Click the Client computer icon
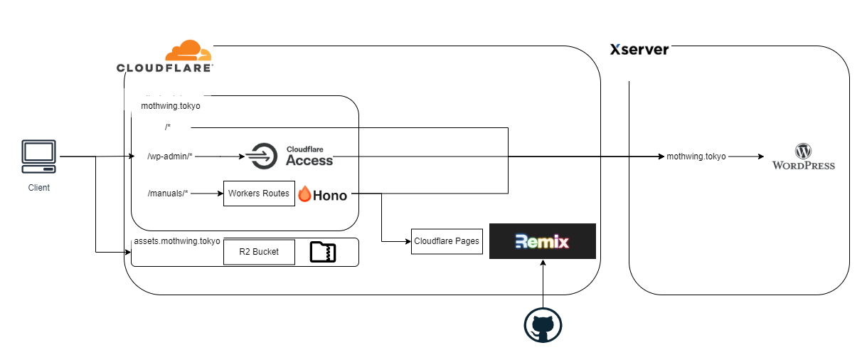(38, 157)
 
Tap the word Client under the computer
(38, 188)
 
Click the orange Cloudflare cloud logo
(188, 51)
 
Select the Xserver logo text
(639, 50)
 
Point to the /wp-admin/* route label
(169, 157)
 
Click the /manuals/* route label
(168, 193)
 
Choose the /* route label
(168, 127)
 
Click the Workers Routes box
(259, 194)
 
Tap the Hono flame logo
(304, 194)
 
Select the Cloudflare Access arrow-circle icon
(262, 156)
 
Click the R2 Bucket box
(259, 252)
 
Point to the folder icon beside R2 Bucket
(323, 252)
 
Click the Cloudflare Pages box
(447, 242)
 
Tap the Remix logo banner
(543, 241)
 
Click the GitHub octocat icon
(543, 325)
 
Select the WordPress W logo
(804, 151)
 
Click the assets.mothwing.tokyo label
(177, 241)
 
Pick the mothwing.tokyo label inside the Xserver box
(696, 157)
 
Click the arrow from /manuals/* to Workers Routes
(207, 193)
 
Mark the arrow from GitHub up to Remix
(543, 284)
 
